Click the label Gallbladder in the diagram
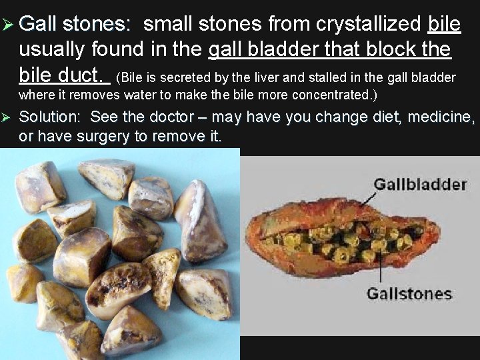tap(419, 184)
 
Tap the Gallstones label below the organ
tap(409, 293)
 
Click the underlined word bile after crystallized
tap(443, 25)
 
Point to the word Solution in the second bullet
tap(49, 117)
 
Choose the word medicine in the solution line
tap(438, 117)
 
